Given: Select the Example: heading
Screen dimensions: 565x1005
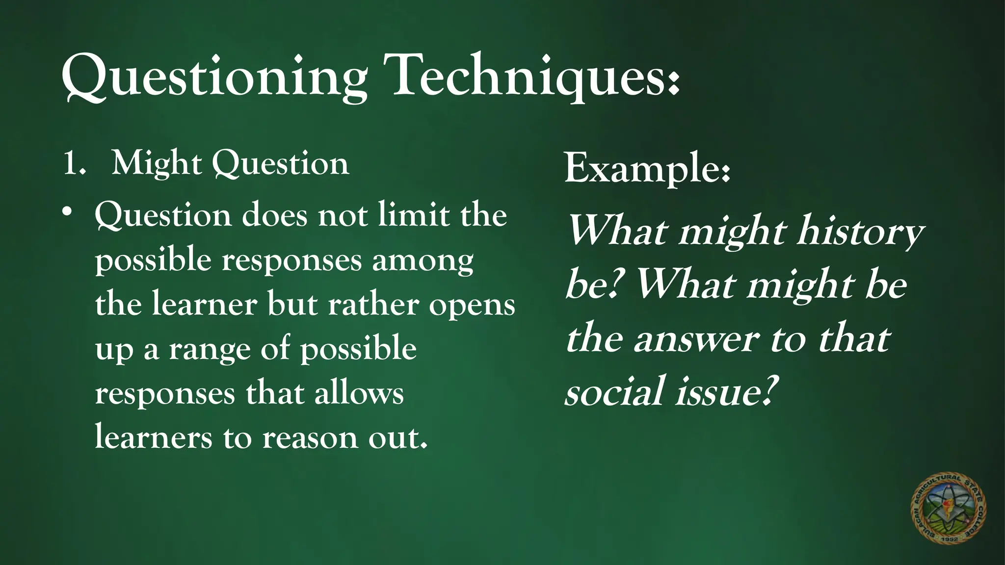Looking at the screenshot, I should (647, 168).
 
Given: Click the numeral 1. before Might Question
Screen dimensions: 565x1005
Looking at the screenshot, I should (74, 163).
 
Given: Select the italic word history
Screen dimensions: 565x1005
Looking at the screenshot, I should (859, 231).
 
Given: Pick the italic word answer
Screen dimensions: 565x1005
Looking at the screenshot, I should (696, 339).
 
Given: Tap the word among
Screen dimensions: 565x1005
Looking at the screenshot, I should (423, 260).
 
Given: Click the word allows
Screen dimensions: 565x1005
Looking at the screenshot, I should (359, 393).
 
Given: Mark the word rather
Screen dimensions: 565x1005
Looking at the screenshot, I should (373, 305).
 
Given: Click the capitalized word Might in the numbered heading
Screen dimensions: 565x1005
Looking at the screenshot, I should (157, 163).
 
